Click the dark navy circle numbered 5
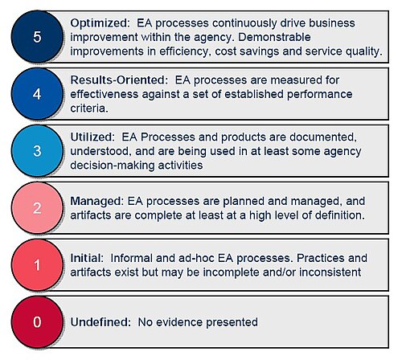coord(37,36)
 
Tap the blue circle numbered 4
coord(37,94)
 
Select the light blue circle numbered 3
coord(37,151)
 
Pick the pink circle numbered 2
coord(37,208)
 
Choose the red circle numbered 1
coord(37,265)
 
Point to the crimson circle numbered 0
coord(37,322)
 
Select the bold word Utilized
coord(92,137)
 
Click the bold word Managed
coord(96,201)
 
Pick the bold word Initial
coord(87,258)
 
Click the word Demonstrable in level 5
coord(274,37)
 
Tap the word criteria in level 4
coord(89,108)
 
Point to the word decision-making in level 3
coord(113,166)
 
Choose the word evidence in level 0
coord(179,322)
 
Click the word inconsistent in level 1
coord(330,272)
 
